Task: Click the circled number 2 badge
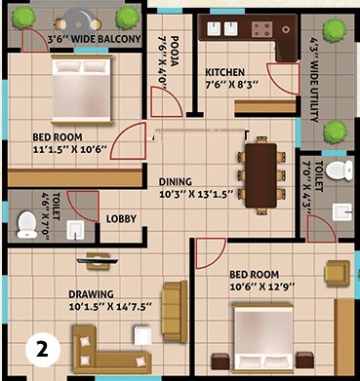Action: [39, 347]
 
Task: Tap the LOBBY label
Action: [122, 219]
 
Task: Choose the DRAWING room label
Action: [91, 293]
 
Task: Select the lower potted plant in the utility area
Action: [335, 130]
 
